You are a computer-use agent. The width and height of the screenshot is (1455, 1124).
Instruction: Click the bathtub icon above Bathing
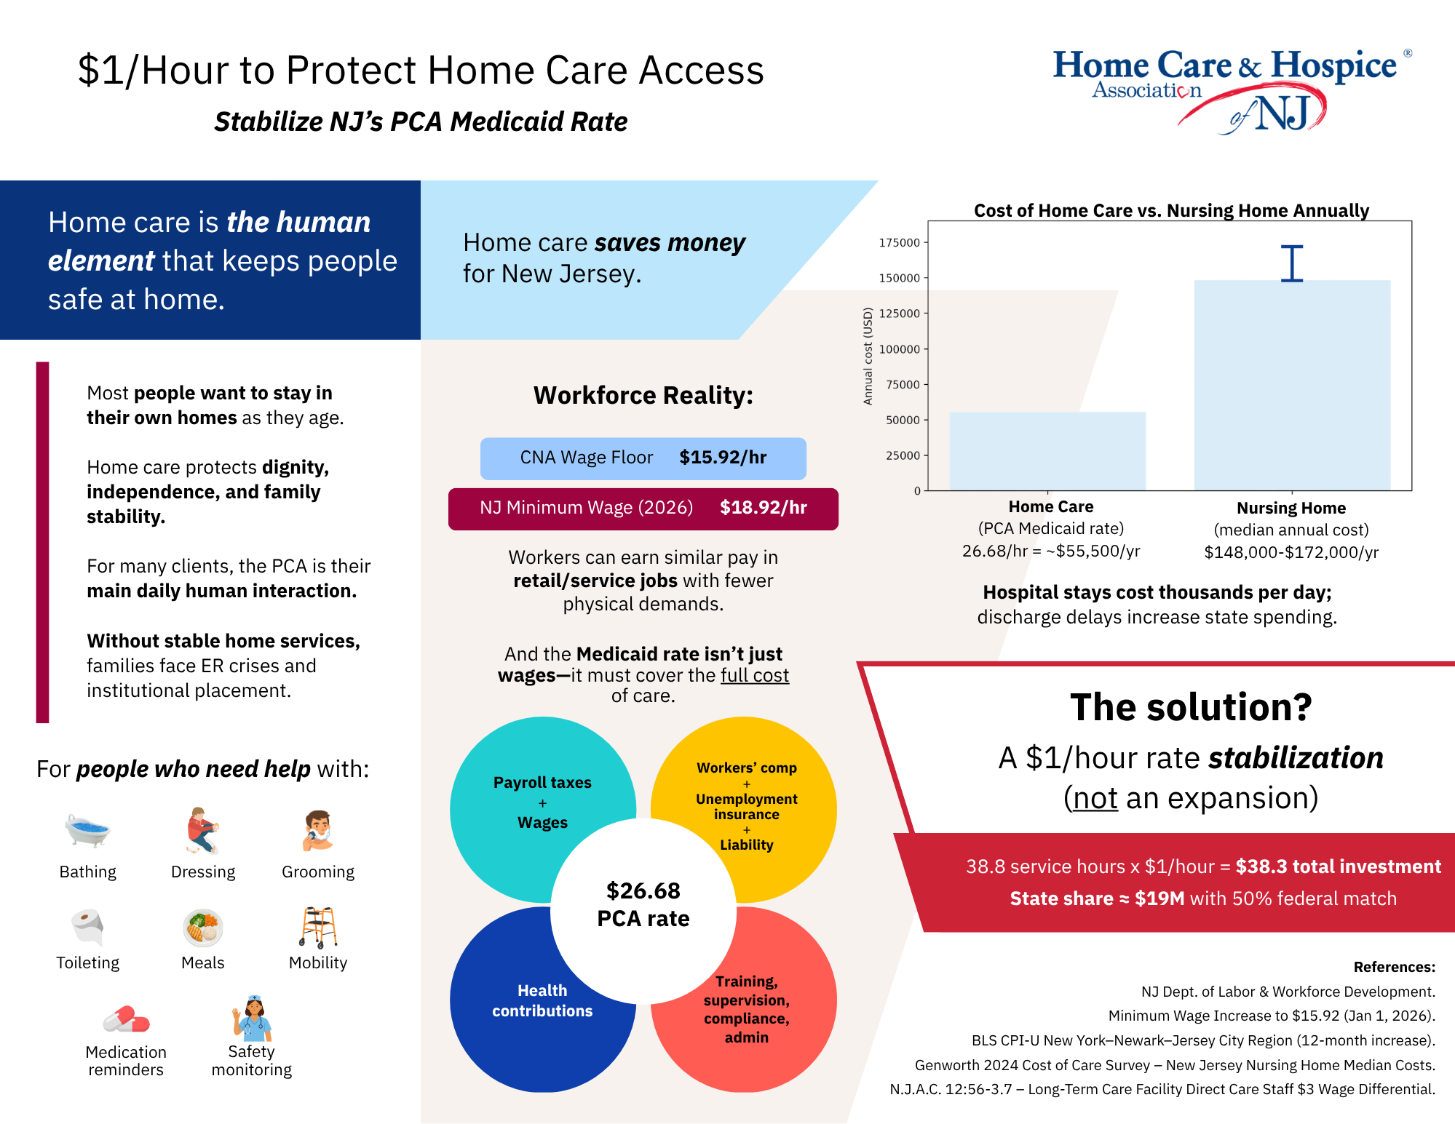[x=87, y=831]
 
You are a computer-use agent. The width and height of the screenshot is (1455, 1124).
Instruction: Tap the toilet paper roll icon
[x=88, y=927]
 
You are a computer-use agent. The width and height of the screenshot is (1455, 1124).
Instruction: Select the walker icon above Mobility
[x=318, y=927]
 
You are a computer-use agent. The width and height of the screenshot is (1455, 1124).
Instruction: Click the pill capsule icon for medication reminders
[x=126, y=1019]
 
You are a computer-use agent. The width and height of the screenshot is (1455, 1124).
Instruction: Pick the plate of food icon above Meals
[x=202, y=928]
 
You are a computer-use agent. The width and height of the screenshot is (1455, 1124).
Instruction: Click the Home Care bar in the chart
[x=1047, y=451]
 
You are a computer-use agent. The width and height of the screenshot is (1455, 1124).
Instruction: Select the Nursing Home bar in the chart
[x=1292, y=385]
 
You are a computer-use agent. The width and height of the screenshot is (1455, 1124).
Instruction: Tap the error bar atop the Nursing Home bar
[x=1292, y=263]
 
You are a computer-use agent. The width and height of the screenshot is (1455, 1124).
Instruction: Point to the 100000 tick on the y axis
[x=900, y=349]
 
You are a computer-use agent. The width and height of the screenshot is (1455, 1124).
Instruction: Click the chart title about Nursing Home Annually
[x=1171, y=211]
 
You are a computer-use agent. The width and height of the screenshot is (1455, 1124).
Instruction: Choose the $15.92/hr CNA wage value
[x=723, y=458]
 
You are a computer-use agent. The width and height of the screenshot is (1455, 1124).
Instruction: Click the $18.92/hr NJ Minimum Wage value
[x=764, y=508]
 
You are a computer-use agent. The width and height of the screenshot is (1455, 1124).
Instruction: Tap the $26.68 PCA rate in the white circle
[x=643, y=904]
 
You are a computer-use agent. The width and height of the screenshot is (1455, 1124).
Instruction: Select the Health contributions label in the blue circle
[x=542, y=1001]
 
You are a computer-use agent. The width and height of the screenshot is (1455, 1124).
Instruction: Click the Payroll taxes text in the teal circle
[x=542, y=783]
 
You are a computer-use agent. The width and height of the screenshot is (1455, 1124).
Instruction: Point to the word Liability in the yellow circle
[x=747, y=845]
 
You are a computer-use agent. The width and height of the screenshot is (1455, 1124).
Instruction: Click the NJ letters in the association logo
[x=1283, y=113]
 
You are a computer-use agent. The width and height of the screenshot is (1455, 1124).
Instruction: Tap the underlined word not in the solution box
[x=1095, y=798]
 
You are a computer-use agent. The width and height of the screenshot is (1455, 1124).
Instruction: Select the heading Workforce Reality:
[x=643, y=396]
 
